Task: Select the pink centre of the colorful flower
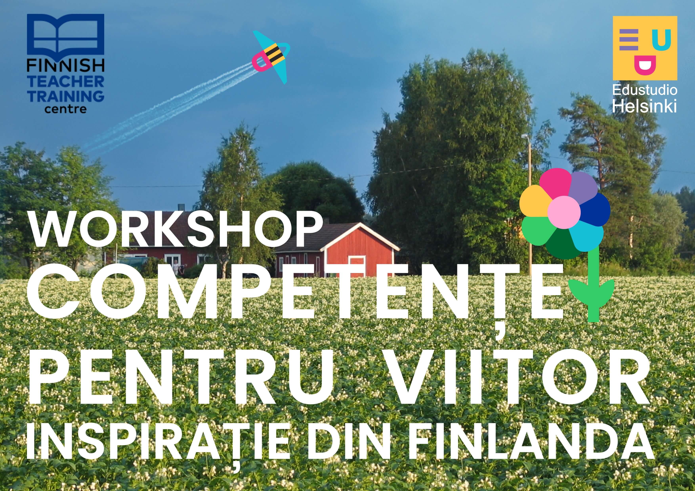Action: pyautogui.click(x=564, y=212)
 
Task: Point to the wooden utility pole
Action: pyautogui.click(x=530, y=206)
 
